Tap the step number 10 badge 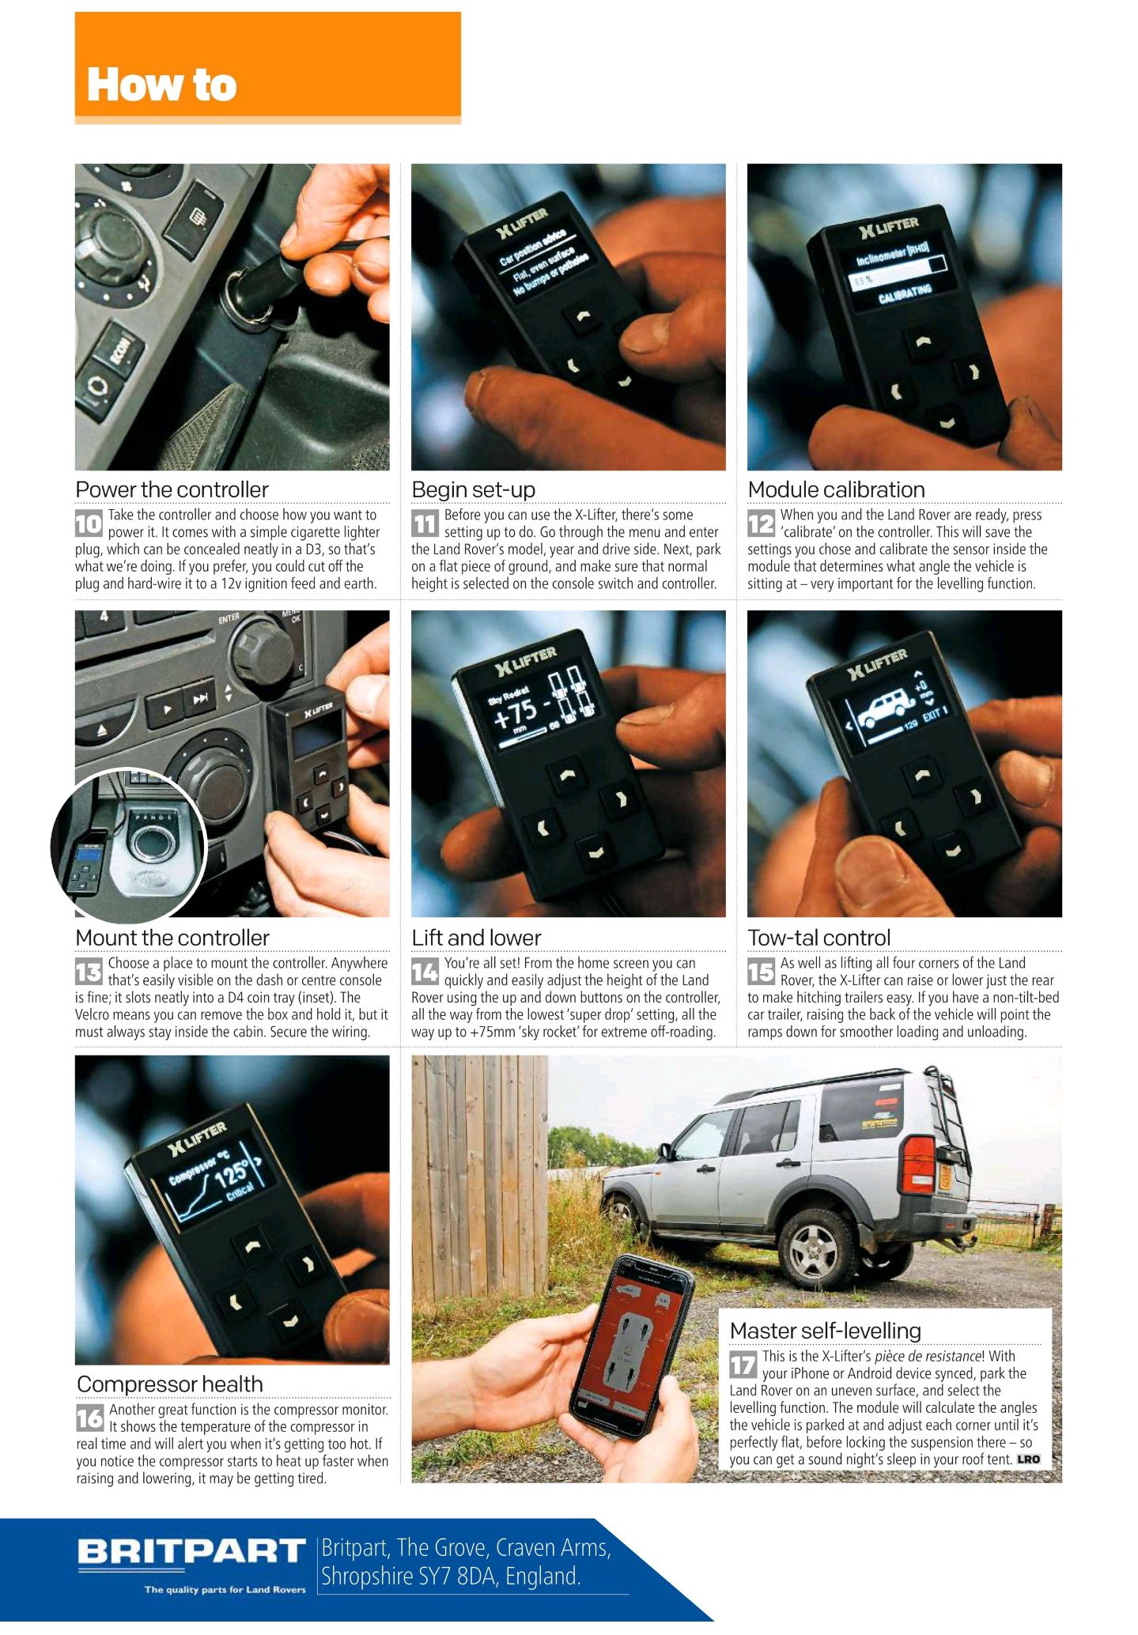point(89,523)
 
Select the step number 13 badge point(89,972)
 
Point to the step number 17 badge point(743,1365)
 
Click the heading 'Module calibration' point(836,489)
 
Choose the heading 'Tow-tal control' point(819,938)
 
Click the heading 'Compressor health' point(169,1384)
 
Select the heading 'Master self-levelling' point(825,1331)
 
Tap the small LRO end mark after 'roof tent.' point(1028,1459)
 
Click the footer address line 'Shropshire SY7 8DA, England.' point(451,1576)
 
